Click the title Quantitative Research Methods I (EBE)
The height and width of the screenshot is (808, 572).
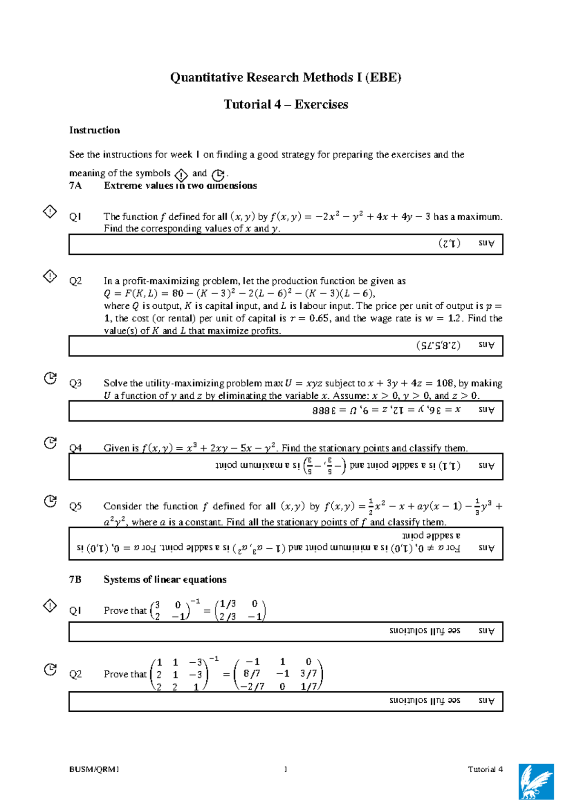(286, 77)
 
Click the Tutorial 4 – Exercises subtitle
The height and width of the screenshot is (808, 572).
(286, 104)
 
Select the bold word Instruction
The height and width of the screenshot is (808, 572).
(94, 130)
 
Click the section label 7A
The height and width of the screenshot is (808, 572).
(75, 186)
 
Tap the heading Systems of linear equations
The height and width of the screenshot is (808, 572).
(165, 579)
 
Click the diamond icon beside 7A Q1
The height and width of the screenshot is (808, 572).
(50, 211)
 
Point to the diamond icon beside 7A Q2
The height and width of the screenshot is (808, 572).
(50, 276)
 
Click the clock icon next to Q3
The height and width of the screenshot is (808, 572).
(50, 378)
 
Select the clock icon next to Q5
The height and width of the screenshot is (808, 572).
(50, 501)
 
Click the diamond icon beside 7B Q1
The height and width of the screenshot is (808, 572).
(50, 606)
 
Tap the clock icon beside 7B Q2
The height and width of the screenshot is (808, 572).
(50, 669)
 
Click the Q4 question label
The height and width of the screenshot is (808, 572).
(75, 448)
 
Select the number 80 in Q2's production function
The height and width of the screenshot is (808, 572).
(177, 293)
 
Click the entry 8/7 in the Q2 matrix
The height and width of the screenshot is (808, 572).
(252, 674)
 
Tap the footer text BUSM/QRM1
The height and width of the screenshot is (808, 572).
(94, 769)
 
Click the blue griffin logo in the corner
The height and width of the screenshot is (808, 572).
(536, 781)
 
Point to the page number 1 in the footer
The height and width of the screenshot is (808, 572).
(286, 769)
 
